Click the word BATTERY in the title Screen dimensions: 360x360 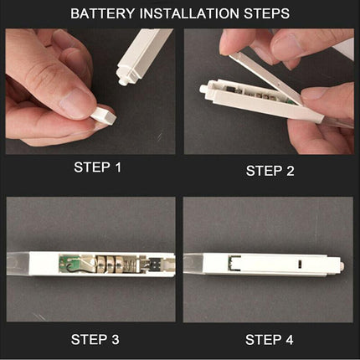[102, 13]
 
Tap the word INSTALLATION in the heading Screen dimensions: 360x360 [189, 13]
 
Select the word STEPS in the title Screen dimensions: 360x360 [267, 13]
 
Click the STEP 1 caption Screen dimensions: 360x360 [98, 167]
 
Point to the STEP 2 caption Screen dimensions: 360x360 [270, 171]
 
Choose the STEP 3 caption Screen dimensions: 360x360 [95, 340]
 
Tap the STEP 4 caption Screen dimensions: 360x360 [270, 340]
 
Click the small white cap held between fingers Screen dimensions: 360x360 [104, 116]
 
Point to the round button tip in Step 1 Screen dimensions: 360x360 [122, 81]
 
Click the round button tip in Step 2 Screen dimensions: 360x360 [203, 89]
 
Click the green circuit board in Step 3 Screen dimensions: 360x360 [64, 263]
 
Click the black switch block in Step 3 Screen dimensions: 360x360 [154, 264]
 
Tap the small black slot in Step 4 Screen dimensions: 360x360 [300, 264]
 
